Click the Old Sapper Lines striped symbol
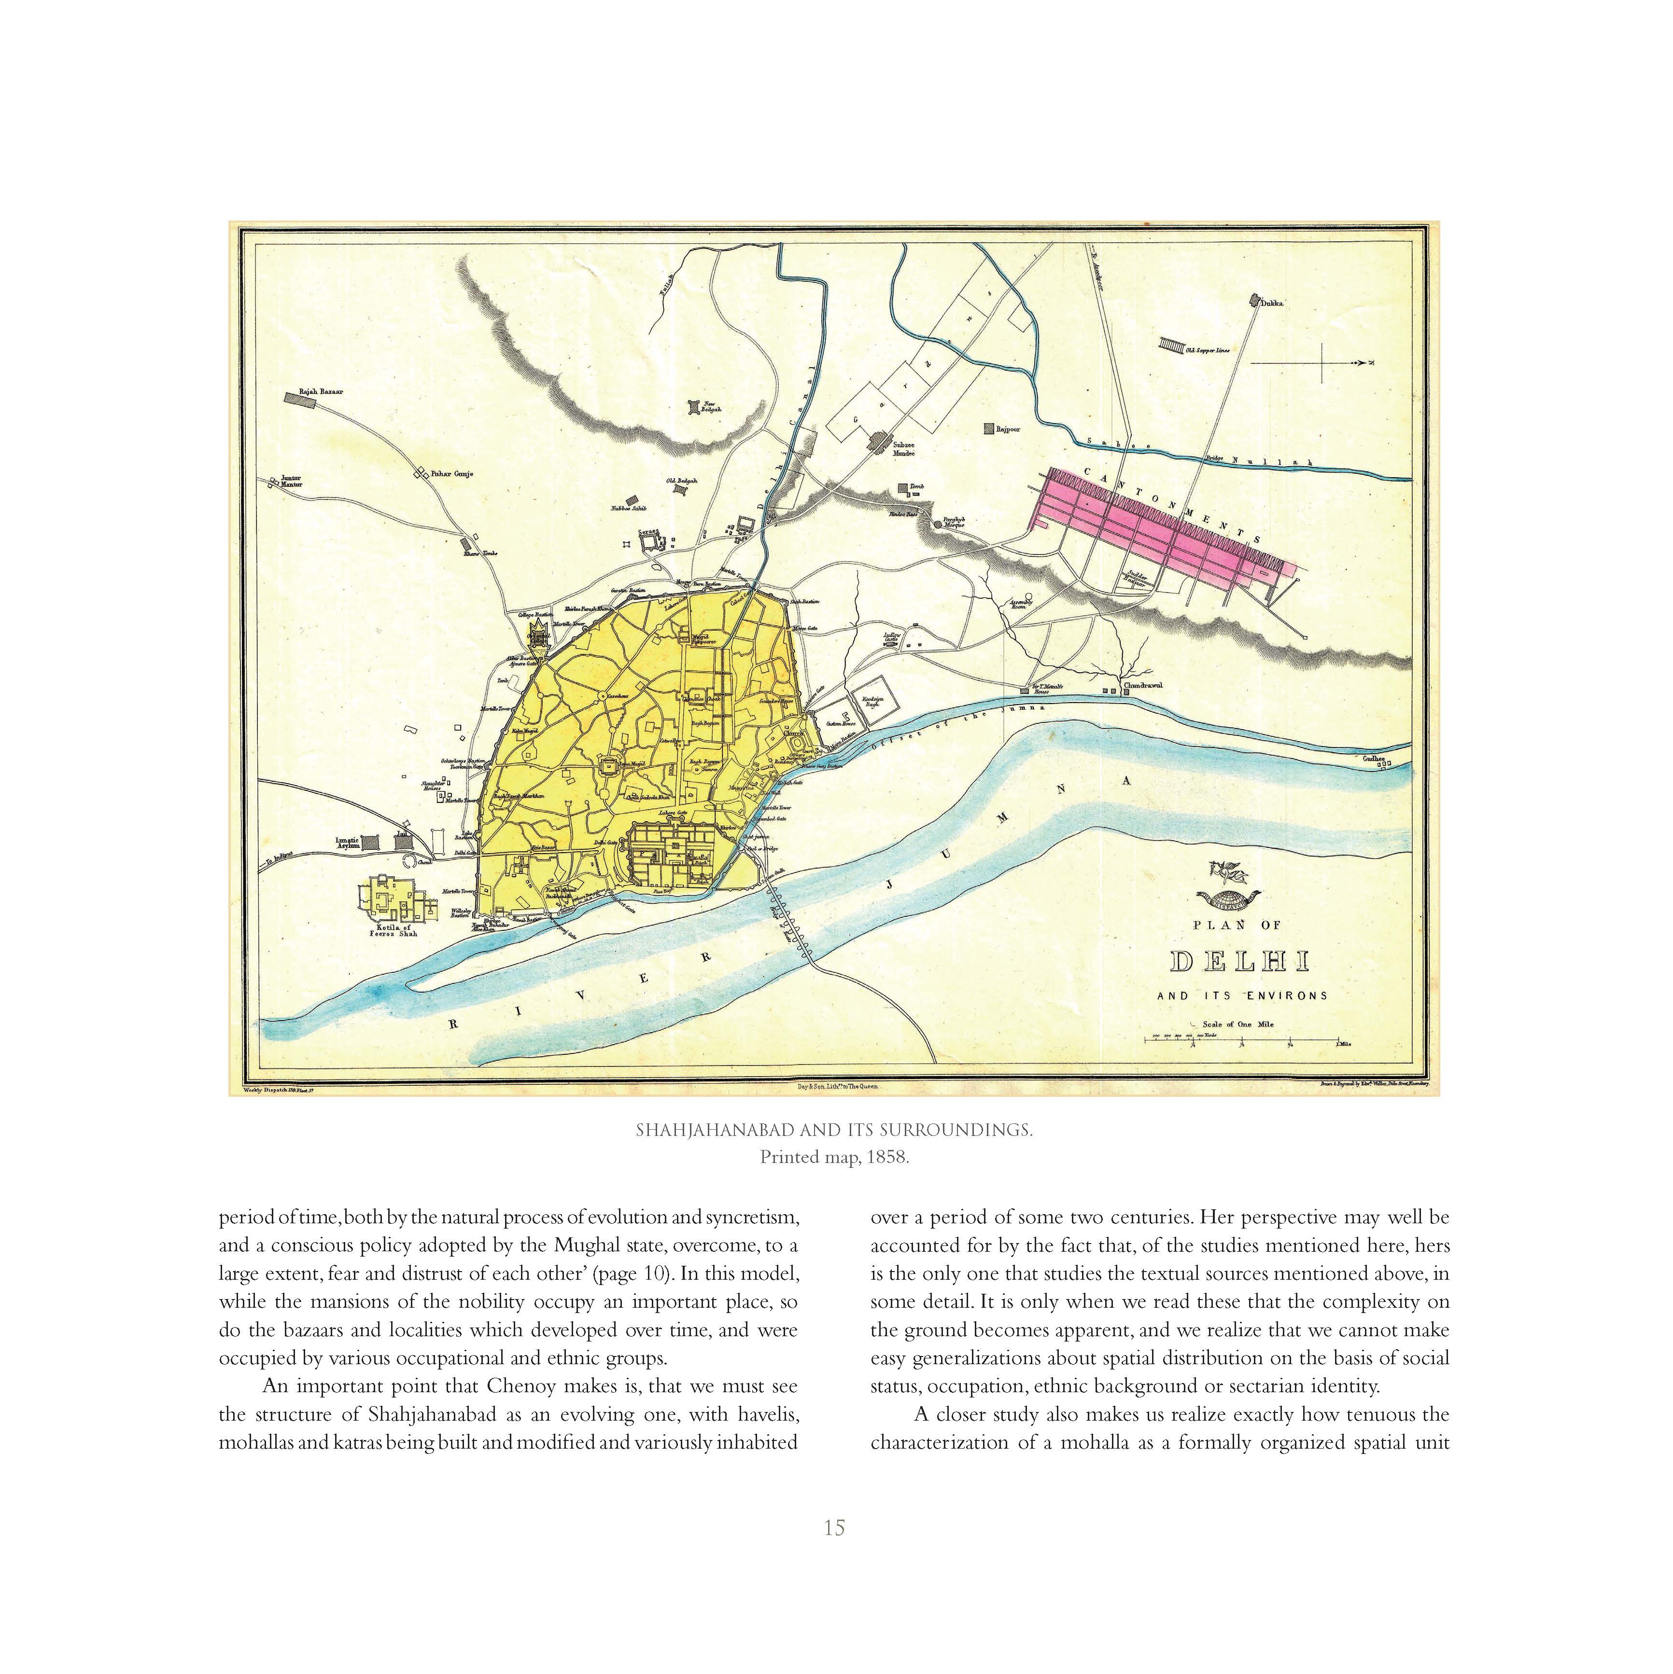[1172, 346]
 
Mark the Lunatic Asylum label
[347, 842]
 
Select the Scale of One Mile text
[1238, 1024]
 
